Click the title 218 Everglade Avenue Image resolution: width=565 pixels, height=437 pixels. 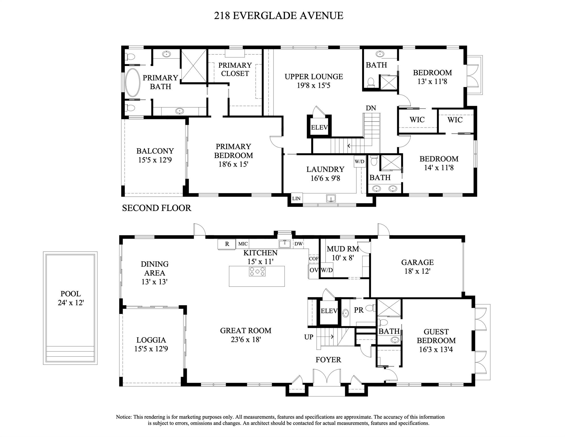pyautogui.click(x=278, y=15)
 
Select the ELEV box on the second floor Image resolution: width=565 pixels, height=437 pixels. pyautogui.click(x=319, y=128)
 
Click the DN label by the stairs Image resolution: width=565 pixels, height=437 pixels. pyautogui.click(x=371, y=108)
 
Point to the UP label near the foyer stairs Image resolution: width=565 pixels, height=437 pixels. pyautogui.click(x=309, y=337)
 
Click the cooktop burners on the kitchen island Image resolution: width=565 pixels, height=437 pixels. pyautogui.click(x=257, y=272)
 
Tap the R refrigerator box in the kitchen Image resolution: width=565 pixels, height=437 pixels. pyautogui.click(x=227, y=244)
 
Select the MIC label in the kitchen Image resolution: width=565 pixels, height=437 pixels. pyautogui.click(x=243, y=244)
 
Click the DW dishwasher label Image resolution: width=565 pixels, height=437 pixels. pyautogui.click(x=298, y=244)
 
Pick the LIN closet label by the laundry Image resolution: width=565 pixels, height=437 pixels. pyautogui.click(x=296, y=199)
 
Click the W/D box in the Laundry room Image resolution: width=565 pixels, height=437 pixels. pyautogui.click(x=359, y=162)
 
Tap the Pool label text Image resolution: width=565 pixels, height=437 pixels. pyautogui.click(x=71, y=294)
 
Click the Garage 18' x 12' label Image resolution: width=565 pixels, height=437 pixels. pyautogui.click(x=417, y=266)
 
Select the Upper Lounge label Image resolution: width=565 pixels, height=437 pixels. pyautogui.click(x=314, y=77)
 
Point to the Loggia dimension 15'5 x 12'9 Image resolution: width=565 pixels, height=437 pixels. pyautogui.click(x=151, y=349)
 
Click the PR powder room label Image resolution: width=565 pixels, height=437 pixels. pyautogui.click(x=359, y=310)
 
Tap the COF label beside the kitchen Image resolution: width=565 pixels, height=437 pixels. pyautogui.click(x=314, y=259)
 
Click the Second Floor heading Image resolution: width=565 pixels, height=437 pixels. pyautogui.click(x=156, y=208)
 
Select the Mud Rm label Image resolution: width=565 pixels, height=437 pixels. pyautogui.click(x=343, y=249)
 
